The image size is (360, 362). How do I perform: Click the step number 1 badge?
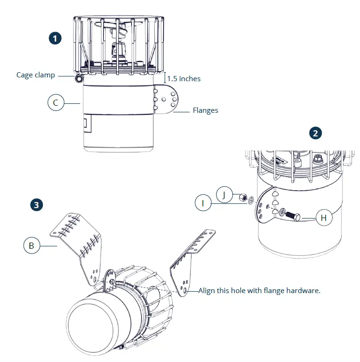point(56,38)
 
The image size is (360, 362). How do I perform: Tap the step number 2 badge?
point(315,133)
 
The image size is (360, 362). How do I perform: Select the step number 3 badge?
point(36,204)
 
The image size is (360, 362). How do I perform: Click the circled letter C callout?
point(56,102)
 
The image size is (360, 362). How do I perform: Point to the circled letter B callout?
point(31,245)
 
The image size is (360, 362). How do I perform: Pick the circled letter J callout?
point(225,194)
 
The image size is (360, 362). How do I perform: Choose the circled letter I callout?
point(203,203)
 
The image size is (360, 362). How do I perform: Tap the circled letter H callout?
point(324,218)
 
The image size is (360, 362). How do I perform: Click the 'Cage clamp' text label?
point(35,75)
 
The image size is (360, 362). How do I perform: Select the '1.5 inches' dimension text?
point(184,79)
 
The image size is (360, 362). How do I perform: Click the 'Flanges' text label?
point(205,111)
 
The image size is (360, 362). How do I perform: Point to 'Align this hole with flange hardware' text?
point(259,291)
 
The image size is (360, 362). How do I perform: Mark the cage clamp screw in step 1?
point(77,77)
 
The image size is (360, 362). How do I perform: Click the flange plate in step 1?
point(167,100)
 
